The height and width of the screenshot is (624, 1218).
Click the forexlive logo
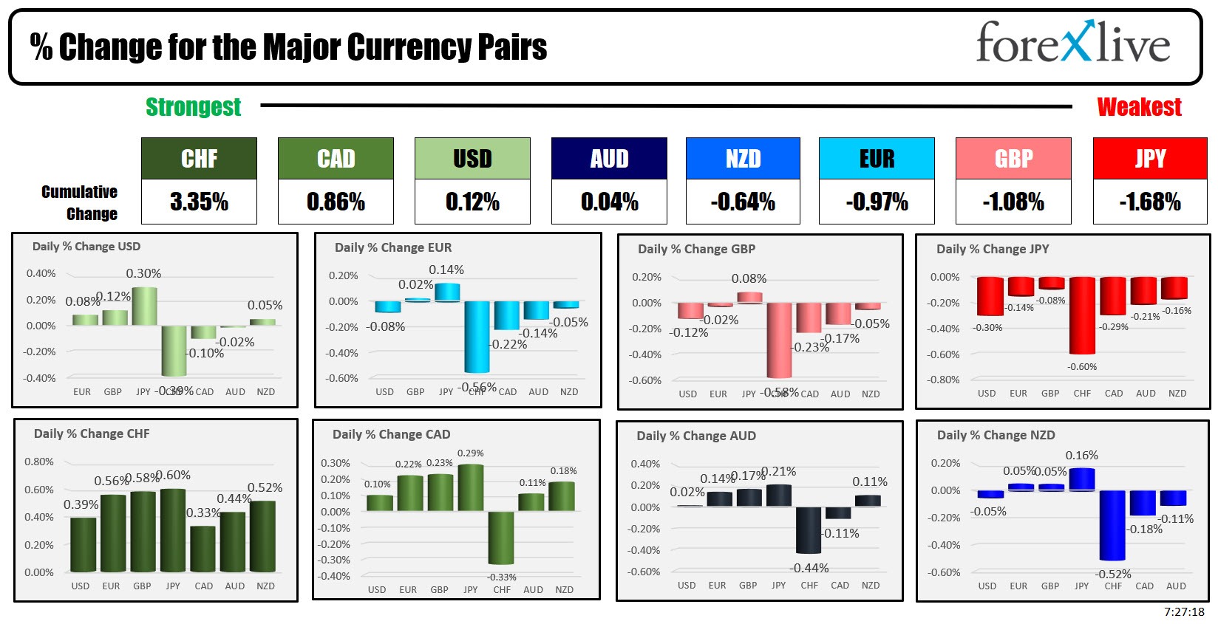coord(1072,44)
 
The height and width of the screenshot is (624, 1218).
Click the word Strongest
coord(193,107)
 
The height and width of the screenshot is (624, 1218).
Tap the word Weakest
coord(1139,107)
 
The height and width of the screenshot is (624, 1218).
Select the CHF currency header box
coord(199,158)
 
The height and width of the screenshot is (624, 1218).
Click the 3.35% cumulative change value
coord(199,202)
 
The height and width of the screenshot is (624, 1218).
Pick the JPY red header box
coord(1150,158)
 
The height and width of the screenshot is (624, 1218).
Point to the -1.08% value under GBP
coord(1013,202)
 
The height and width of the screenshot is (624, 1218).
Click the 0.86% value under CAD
coord(336,202)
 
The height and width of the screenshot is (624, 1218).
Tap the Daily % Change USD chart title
coord(86,247)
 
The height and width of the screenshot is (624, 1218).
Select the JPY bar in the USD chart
coord(144,306)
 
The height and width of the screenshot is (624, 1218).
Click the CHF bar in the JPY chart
coord(1082,315)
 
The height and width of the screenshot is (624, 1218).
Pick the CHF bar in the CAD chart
coord(501,538)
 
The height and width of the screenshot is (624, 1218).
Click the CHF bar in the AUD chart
coord(809,529)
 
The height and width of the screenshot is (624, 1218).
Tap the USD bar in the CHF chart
coord(83,544)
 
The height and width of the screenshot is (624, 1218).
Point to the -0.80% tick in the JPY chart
coord(944,380)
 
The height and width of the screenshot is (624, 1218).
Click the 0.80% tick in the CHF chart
coord(39,462)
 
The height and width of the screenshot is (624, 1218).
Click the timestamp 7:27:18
coord(1184,612)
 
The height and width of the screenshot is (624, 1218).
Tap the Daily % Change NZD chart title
coord(996,436)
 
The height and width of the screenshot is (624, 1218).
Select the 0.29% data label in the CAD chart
coord(471,453)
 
